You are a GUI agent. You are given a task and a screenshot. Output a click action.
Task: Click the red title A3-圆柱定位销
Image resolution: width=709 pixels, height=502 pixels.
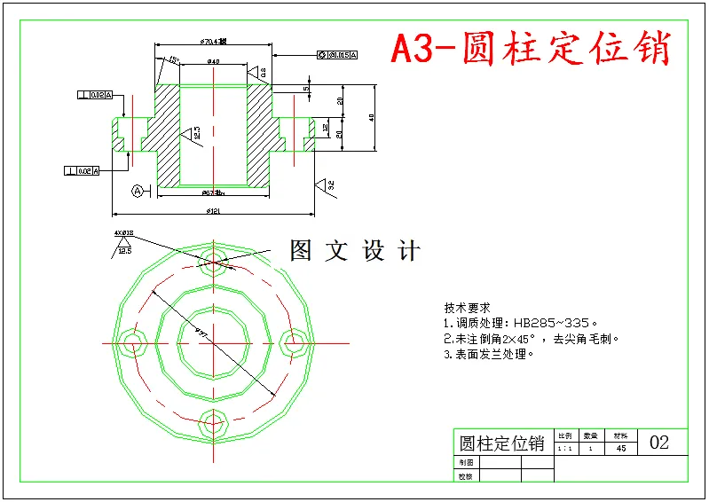[x=531, y=49]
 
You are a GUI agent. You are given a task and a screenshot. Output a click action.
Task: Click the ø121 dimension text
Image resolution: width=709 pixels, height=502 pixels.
[x=214, y=210]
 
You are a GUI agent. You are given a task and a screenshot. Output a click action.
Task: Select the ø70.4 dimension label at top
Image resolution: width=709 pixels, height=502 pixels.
[x=213, y=41]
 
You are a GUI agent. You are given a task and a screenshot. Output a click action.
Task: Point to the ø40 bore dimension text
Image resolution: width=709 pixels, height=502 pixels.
[x=213, y=61]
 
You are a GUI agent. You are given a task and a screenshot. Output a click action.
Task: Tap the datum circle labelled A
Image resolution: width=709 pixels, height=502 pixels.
[x=138, y=191]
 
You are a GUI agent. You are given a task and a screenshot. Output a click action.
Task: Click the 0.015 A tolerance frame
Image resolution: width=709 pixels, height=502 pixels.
[x=337, y=56]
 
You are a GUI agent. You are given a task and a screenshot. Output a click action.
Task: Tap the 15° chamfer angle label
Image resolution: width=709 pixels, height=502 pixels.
[x=173, y=60]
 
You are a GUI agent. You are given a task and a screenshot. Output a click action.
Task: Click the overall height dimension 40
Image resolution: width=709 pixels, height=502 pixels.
[x=372, y=117]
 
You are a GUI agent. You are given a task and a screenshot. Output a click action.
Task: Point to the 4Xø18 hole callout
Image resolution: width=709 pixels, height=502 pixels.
[x=123, y=233]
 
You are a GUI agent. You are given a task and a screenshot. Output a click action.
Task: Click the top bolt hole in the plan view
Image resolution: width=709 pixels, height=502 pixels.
[x=213, y=257]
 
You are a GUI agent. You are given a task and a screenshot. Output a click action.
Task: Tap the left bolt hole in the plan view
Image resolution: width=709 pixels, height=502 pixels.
[x=133, y=341]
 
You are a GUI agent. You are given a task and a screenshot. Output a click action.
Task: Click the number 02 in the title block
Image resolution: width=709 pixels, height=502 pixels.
[x=659, y=442]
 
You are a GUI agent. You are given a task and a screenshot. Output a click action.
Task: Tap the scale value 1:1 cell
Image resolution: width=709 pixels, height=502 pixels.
[x=564, y=449]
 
